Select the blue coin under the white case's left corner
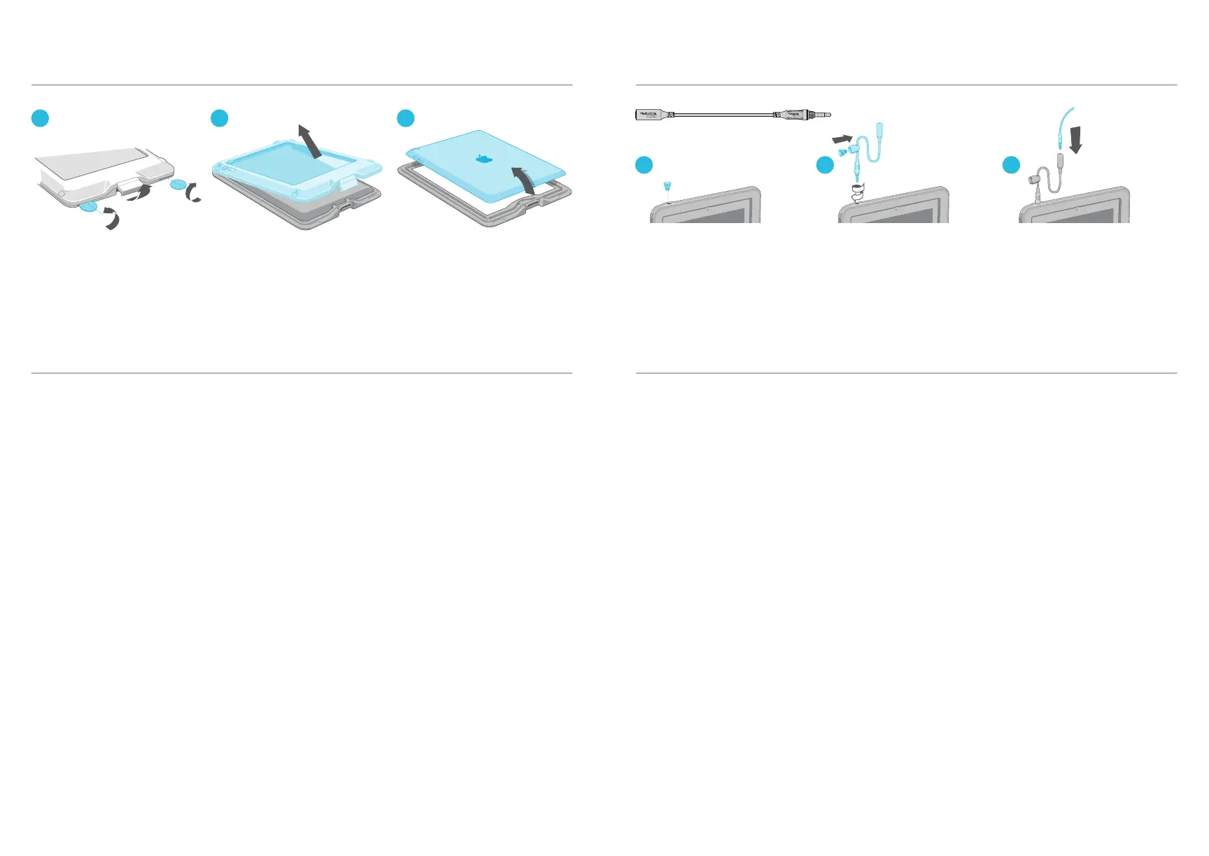click(x=90, y=207)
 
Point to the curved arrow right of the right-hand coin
click(x=194, y=192)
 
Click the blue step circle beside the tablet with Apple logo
click(x=406, y=118)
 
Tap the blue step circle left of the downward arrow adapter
click(x=1010, y=165)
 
